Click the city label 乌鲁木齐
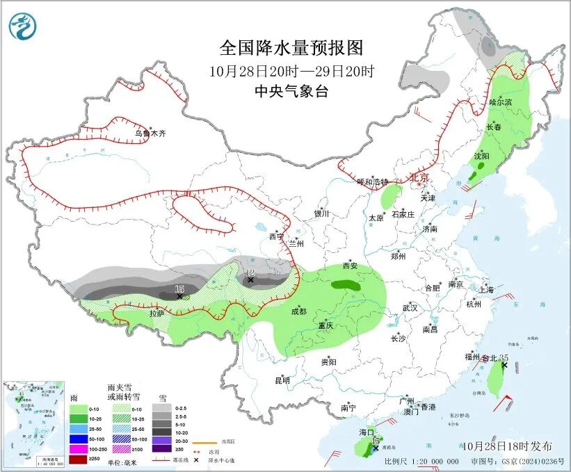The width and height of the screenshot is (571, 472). (x=151, y=133)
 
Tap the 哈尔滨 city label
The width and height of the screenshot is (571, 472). (x=499, y=102)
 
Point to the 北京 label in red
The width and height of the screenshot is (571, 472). (x=420, y=177)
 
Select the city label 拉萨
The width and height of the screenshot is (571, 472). (x=156, y=314)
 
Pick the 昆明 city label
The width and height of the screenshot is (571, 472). (x=282, y=380)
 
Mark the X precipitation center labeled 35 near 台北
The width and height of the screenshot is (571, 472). (x=504, y=365)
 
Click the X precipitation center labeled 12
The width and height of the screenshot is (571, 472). (x=250, y=280)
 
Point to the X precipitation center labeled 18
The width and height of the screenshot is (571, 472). (x=179, y=296)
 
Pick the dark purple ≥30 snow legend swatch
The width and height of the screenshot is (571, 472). (x=165, y=450)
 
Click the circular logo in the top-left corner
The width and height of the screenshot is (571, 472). (x=23, y=26)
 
